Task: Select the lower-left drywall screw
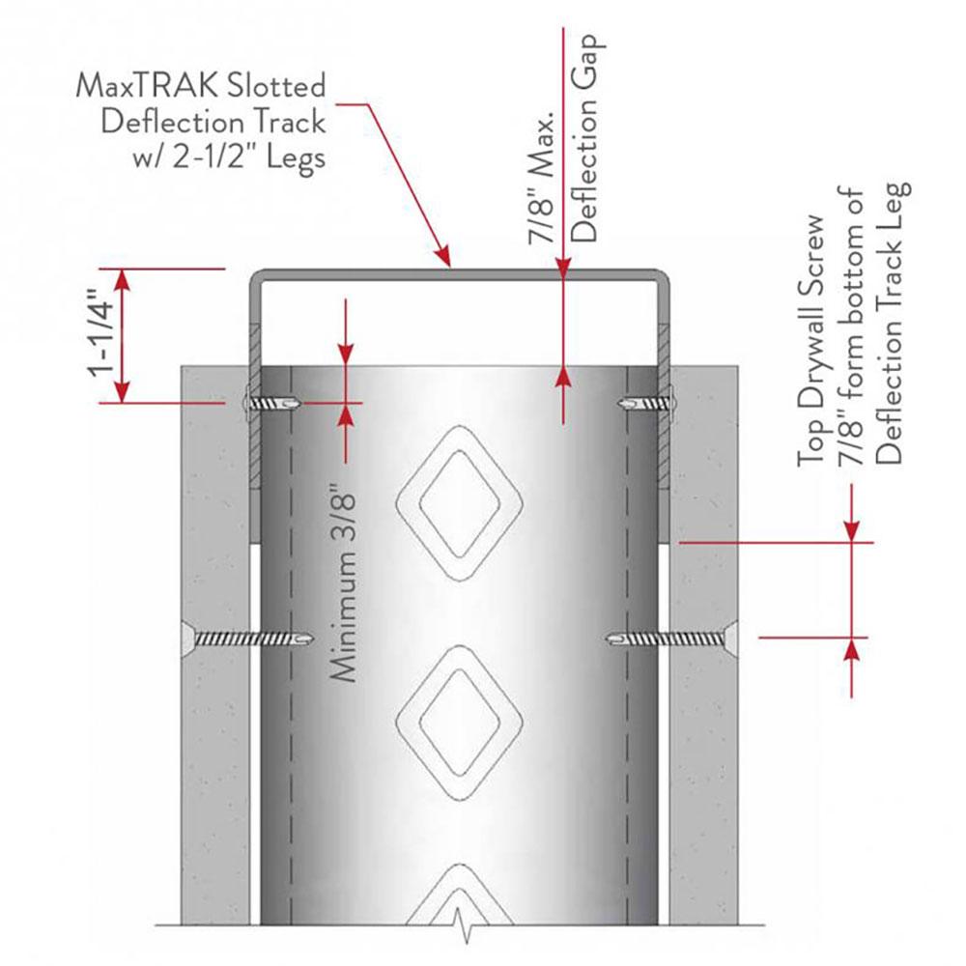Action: click(x=251, y=638)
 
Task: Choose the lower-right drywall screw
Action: click(x=667, y=638)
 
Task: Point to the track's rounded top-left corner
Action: click(x=257, y=279)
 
